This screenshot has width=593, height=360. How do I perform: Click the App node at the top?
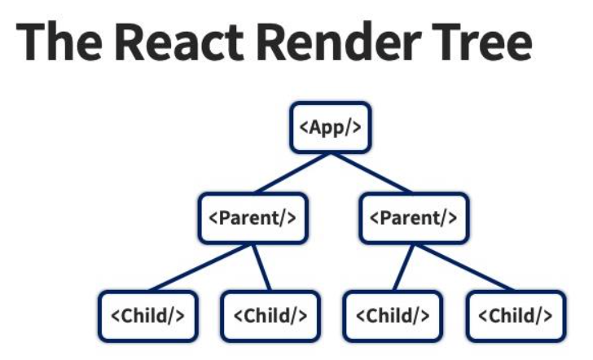click(x=331, y=127)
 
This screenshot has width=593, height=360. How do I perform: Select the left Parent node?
click(x=253, y=218)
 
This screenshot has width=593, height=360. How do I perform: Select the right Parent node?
click(x=414, y=218)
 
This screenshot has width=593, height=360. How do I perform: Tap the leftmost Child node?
click(x=148, y=316)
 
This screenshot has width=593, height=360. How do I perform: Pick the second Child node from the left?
click(x=270, y=316)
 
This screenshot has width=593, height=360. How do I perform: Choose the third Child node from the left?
click(x=393, y=316)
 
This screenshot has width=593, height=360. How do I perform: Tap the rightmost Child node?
click(x=516, y=316)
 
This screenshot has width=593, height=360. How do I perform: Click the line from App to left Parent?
click(x=292, y=173)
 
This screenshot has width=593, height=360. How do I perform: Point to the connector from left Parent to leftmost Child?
click(x=200, y=267)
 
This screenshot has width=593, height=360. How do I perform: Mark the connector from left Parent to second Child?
click(x=261, y=267)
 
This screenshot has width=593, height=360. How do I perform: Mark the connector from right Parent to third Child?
click(x=403, y=267)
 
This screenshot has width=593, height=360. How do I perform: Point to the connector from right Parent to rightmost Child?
click(x=465, y=267)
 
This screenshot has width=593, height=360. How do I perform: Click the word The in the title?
click(x=59, y=42)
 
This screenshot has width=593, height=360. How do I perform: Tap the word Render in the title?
click(x=339, y=42)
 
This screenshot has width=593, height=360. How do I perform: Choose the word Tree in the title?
click(x=482, y=42)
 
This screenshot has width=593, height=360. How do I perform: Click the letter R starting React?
click(x=130, y=42)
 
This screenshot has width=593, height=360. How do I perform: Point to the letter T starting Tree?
click(x=447, y=42)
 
